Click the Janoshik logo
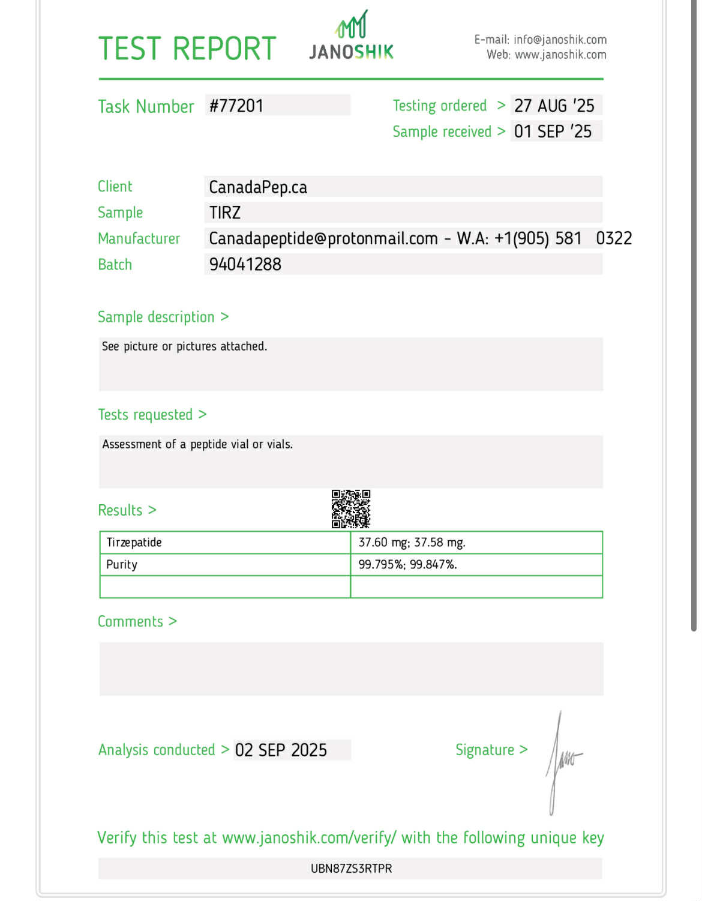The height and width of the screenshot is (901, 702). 351,37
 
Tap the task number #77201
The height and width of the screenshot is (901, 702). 236,106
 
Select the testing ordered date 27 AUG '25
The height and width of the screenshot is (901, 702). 554,106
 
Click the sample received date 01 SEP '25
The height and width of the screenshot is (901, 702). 553,131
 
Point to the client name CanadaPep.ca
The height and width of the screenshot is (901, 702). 258,187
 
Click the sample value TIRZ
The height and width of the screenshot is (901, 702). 225,212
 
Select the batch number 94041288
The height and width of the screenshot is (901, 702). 245,264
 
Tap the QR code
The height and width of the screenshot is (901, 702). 351,509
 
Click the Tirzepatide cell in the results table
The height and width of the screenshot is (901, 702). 134,543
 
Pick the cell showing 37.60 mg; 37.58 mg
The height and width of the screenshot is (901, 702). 412,543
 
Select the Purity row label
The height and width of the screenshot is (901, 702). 122,565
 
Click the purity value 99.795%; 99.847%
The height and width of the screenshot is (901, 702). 407,565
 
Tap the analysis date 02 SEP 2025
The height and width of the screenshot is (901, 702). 281,750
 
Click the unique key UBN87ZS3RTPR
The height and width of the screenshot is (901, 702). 351,869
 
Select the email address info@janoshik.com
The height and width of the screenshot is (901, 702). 560,40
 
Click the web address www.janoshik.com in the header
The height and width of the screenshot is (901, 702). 560,55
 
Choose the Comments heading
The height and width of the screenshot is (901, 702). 131,621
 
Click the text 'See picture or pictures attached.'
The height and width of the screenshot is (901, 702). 184,346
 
